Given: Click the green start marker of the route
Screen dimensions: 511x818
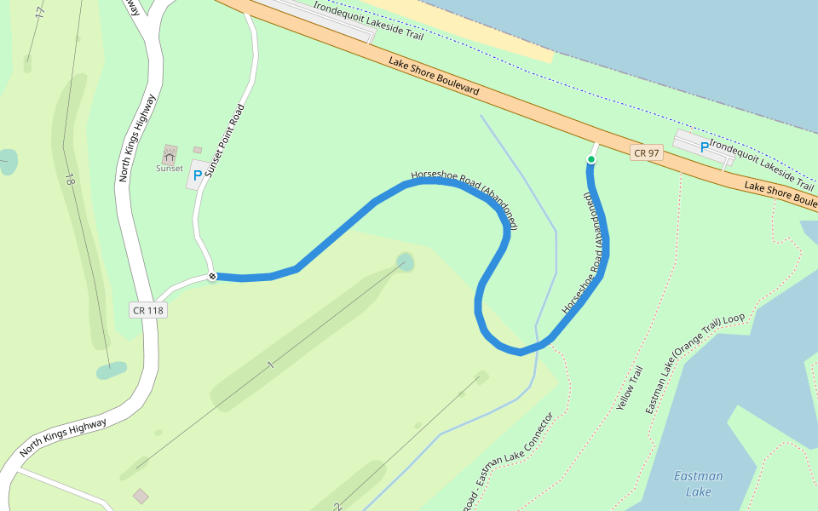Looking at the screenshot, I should (590, 159).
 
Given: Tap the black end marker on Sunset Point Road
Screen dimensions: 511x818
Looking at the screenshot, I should (212, 276).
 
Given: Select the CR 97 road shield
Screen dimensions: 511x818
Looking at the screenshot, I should (646, 153).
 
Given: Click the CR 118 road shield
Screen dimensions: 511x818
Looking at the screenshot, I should (147, 310).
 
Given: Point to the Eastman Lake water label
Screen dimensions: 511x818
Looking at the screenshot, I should (698, 484).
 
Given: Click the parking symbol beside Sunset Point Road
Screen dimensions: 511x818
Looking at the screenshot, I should (198, 176).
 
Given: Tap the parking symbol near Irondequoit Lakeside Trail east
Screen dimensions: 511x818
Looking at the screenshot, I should (704, 147).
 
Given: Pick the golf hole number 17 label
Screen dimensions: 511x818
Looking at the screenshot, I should (39, 12).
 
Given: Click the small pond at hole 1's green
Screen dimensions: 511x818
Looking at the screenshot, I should (406, 261).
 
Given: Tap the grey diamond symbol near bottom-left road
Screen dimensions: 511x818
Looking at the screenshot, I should (141, 496).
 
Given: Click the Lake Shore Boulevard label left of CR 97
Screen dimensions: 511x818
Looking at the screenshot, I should (434, 76).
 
